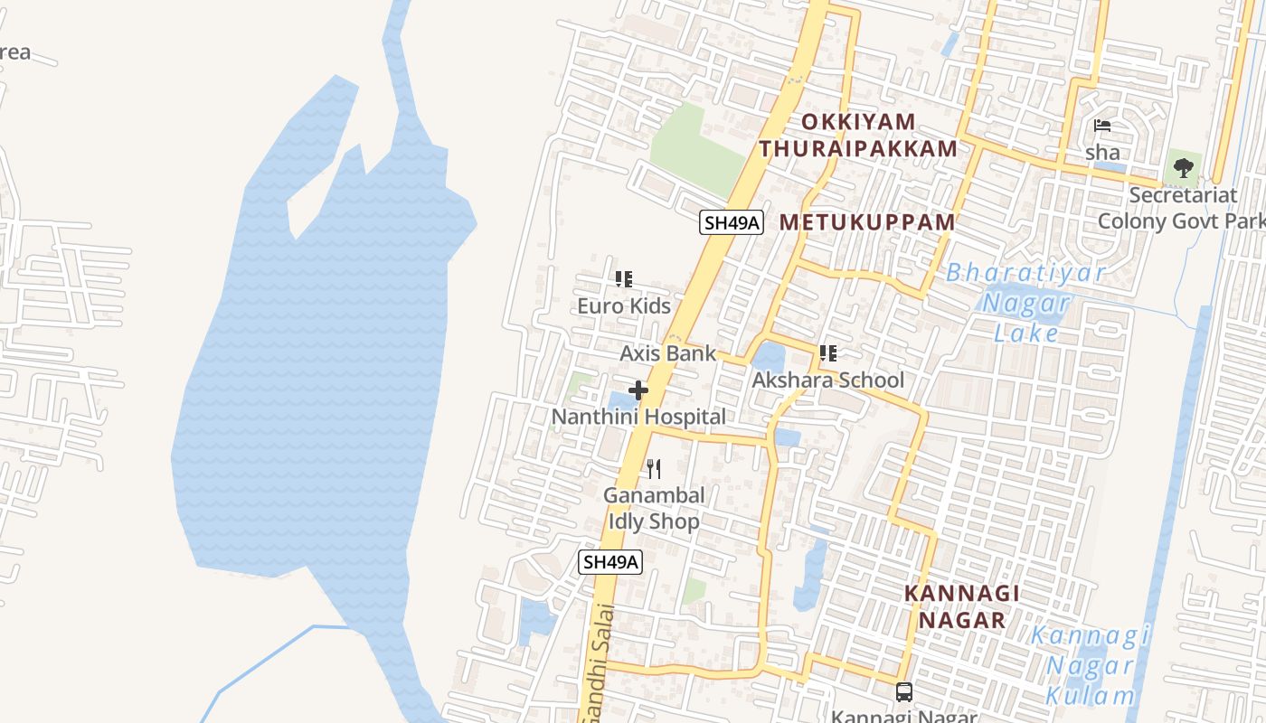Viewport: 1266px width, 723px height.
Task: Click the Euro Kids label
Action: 624,306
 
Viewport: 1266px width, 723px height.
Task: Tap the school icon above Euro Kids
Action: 624,279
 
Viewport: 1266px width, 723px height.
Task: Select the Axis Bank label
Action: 667,353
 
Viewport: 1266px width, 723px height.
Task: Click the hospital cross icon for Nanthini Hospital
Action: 638,390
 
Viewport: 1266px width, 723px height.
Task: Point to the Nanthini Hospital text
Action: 638,418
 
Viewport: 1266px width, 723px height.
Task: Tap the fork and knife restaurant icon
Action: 654,469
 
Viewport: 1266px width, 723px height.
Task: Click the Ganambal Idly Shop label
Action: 653,509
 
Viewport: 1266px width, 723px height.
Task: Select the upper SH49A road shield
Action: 732,222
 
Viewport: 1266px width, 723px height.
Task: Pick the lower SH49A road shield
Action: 611,562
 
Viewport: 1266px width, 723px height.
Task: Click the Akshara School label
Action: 827,380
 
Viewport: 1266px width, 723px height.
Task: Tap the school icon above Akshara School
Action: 827,353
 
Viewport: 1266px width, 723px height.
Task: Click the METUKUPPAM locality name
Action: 867,222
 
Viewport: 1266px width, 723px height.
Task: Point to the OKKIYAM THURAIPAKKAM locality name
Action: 858,136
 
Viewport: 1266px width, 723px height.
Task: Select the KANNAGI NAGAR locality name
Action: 962,606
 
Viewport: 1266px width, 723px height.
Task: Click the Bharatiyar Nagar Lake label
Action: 1025,303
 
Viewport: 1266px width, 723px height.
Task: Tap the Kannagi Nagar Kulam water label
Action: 1090,665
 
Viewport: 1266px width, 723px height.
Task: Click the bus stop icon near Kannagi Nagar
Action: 903,692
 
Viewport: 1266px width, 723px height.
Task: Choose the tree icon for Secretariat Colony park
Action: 1183,167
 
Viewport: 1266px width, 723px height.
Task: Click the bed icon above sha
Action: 1102,126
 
